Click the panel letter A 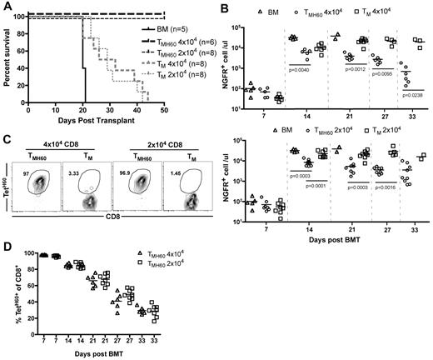coord(6,7)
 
